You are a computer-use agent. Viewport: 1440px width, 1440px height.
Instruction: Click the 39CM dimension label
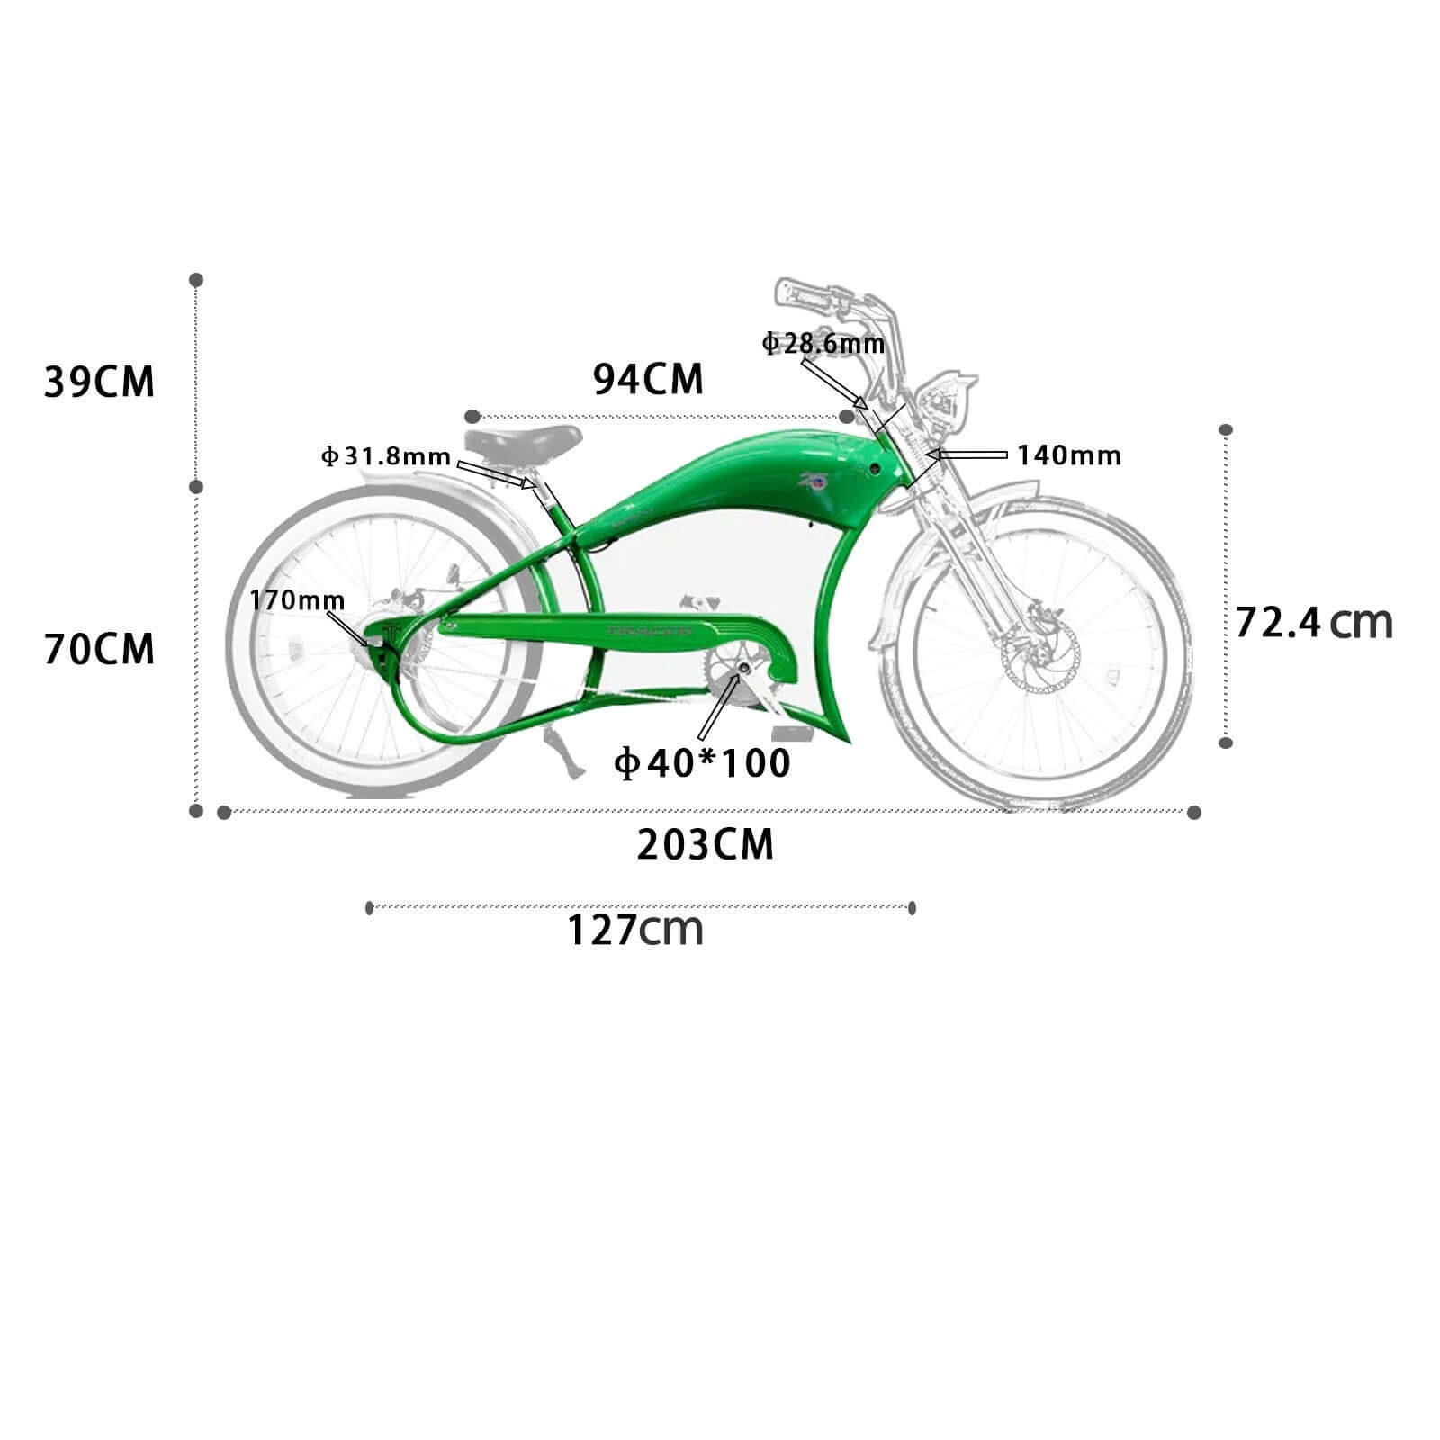tap(100, 382)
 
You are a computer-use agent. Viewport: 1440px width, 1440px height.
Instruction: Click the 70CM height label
tap(100, 649)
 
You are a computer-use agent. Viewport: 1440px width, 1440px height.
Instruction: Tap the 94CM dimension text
tap(648, 379)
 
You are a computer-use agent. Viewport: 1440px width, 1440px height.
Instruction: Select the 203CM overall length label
tap(706, 845)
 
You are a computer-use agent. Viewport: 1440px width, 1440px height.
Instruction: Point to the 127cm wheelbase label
tap(635, 930)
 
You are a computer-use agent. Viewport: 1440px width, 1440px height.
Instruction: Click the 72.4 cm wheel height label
tap(1313, 622)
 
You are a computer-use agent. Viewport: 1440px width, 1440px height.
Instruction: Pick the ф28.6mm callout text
tap(823, 343)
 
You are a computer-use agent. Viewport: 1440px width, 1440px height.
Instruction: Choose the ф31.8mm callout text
tap(386, 456)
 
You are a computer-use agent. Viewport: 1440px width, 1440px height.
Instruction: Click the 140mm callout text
tap(1069, 455)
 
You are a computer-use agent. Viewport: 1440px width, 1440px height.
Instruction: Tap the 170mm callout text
tap(297, 599)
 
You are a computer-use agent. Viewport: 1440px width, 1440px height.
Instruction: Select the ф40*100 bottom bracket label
tap(702, 763)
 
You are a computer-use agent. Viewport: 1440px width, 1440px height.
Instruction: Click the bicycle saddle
tap(524, 443)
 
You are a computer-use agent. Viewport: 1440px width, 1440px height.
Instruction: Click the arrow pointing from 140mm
tap(967, 454)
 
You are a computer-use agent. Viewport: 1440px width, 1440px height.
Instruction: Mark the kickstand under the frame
tap(562, 760)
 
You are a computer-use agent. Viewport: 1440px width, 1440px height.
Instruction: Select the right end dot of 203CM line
tap(1194, 813)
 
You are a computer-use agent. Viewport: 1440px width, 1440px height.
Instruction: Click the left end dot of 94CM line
tap(472, 417)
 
